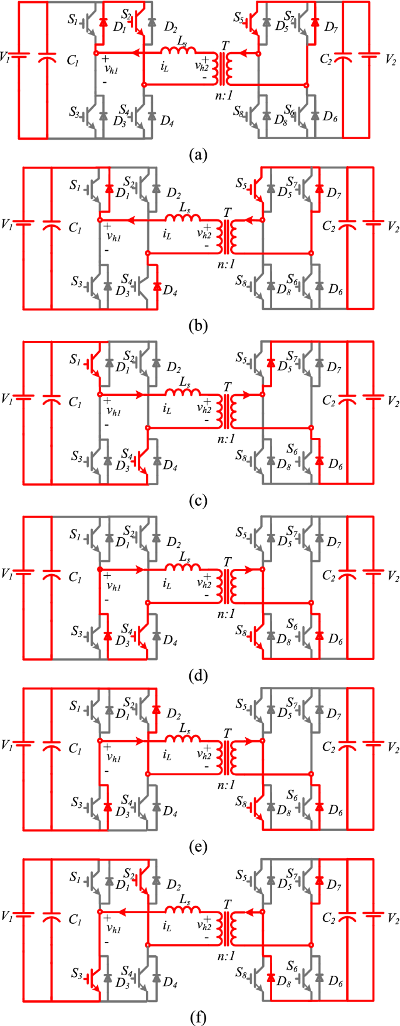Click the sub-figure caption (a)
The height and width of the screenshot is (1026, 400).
click(x=199, y=154)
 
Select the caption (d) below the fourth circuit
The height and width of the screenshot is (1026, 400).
click(x=199, y=676)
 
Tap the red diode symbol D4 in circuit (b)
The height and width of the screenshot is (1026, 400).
click(x=156, y=286)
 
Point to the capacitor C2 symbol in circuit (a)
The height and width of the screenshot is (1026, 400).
click(x=344, y=58)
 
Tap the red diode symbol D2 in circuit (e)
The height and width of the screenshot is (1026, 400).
click(x=156, y=709)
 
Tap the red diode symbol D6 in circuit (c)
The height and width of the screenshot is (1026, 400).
click(x=319, y=461)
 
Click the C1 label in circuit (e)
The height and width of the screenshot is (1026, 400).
click(x=74, y=748)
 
